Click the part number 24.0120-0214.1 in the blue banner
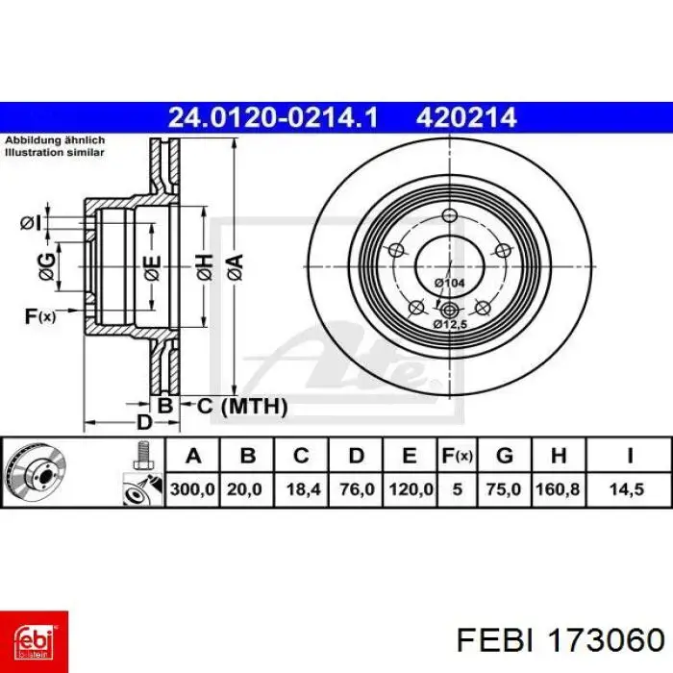(273, 117)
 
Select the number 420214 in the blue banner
(465, 117)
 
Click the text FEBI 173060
(561, 641)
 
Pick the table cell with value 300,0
(192, 489)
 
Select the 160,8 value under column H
(558, 489)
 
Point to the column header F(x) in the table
(457, 456)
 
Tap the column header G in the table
(505, 456)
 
